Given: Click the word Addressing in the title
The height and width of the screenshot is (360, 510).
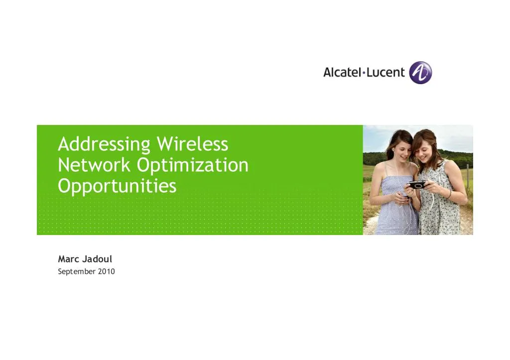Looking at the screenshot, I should click(x=104, y=145).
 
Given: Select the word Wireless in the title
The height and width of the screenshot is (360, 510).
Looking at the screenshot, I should click(x=192, y=144).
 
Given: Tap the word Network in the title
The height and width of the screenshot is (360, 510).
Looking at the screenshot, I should click(x=94, y=165).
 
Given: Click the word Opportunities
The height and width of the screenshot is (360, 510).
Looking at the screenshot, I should click(x=117, y=186).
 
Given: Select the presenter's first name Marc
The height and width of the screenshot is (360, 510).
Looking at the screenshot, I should click(x=68, y=259).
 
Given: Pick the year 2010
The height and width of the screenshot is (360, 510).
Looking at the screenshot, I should click(x=106, y=271).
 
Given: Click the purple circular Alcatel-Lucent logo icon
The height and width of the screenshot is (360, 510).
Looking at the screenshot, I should click(x=420, y=73).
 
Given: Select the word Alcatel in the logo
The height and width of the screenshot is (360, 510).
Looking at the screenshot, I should click(x=343, y=72).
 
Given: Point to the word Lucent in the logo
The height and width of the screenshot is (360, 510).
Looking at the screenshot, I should click(x=386, y=72).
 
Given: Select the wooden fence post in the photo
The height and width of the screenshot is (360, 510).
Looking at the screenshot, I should click(x=468, y=177).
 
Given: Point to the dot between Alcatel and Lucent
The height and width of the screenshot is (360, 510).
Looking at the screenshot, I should click(x=365, y=73).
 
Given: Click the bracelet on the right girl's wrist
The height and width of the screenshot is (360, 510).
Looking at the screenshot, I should click(x=449, y=193).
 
